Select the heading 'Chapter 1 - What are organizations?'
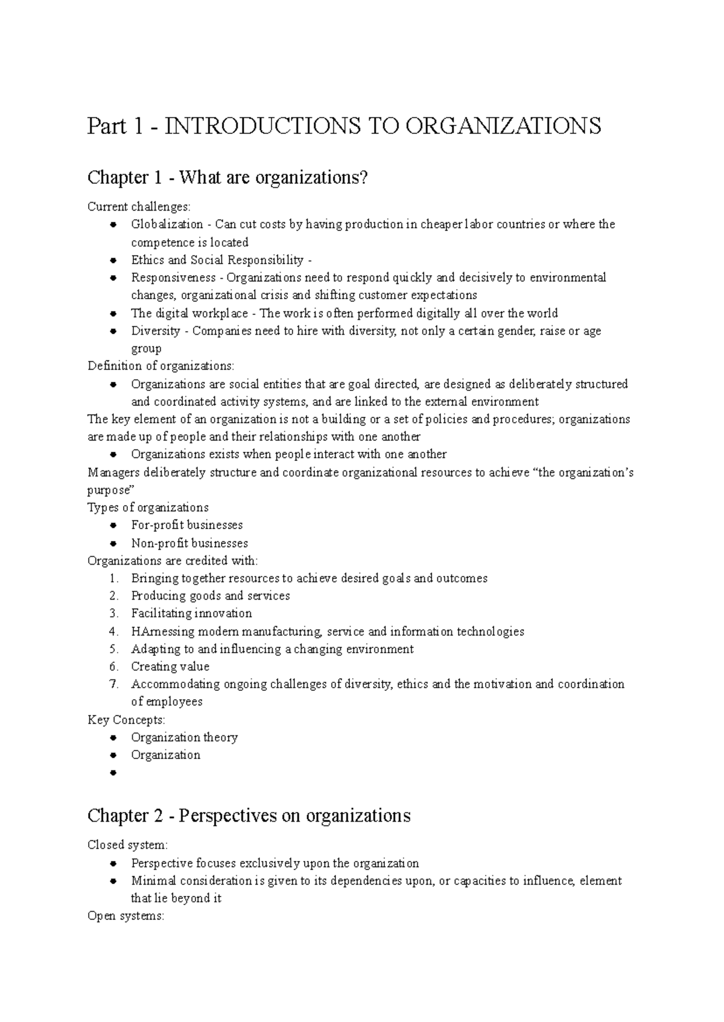pos(227,178)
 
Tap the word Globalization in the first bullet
pos(167,224)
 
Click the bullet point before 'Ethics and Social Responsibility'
pos(113,261)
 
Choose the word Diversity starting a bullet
pos(156,331)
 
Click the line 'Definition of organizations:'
pos(160,366)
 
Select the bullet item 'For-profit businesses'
pos(187,525)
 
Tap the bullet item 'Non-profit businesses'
pos(189,543)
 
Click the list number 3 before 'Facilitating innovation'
pos(114,614)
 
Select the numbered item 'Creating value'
pos(170,667)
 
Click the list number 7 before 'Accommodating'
pos(114,684)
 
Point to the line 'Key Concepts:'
pos(126,720)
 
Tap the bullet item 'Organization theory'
pos(184,737)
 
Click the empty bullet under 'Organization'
pos(113,773)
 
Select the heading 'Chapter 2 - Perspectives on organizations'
pos(249,816)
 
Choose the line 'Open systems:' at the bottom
pos(125,916)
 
